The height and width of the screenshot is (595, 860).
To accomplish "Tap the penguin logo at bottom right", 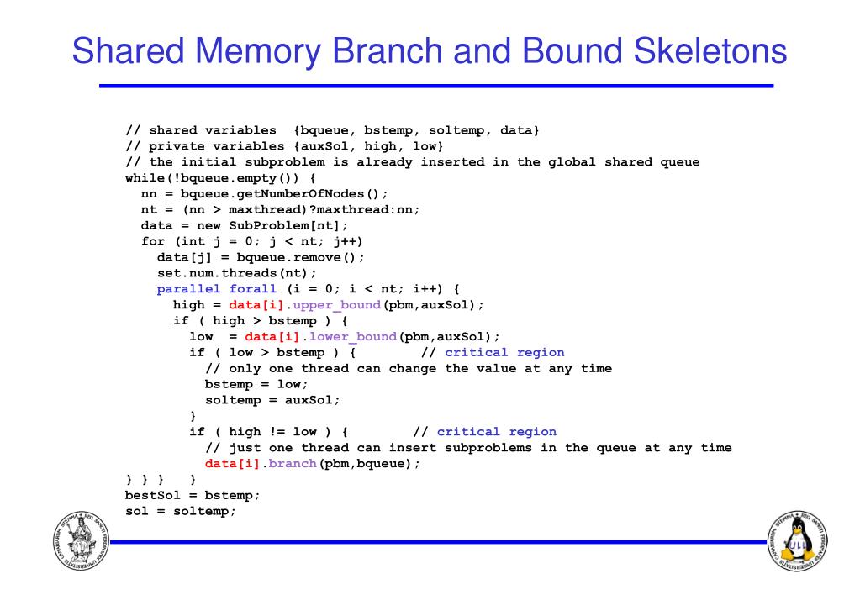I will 797,540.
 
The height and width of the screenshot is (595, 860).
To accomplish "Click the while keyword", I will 145,177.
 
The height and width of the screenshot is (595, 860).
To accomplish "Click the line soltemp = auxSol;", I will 272,400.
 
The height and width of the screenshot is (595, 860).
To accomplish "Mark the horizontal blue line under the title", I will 435,86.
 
